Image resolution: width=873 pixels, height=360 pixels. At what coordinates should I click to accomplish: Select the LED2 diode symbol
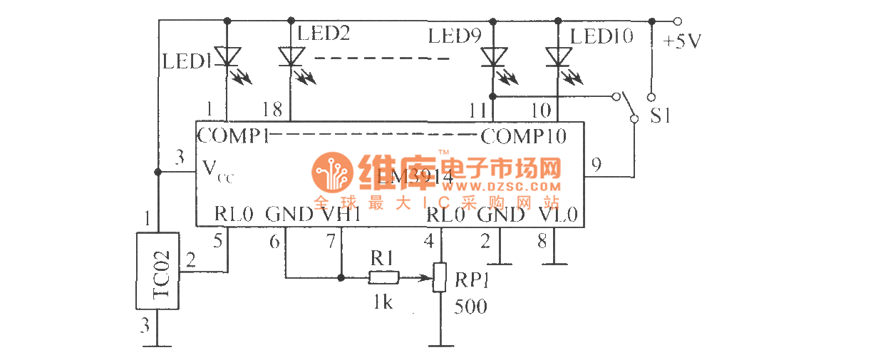point(290,56)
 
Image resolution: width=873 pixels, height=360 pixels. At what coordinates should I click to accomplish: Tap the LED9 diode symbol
point(492,56)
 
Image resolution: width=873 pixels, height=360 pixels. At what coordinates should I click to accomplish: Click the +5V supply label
point(681,41)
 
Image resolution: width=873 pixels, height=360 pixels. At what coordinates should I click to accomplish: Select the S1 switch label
point(661,115)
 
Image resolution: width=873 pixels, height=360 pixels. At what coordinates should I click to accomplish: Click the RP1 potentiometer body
point(441,277)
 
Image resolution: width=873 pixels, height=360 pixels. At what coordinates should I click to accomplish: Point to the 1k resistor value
point(383,302)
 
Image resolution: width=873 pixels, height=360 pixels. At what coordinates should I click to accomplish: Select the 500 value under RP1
point(471,307)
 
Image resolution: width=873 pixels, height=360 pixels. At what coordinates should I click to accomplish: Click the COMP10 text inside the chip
point(524,135)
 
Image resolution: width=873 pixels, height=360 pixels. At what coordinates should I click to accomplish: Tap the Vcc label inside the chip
point(217,171)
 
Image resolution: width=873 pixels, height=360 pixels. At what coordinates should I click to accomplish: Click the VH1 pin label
point(340,214)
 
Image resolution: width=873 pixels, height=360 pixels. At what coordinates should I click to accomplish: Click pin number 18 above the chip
point(272,109)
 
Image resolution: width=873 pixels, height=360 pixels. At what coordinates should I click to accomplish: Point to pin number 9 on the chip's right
point(596,165)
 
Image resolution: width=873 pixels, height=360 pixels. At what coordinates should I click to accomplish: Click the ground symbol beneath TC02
point(157,346)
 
